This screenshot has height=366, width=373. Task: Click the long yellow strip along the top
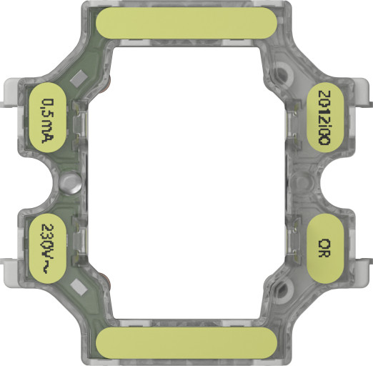tap(186, 22)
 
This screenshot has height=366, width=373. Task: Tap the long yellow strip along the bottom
tap(186, 343)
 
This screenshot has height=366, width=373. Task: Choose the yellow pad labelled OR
tap(325, 249)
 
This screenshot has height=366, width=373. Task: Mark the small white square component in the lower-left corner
tap(81, 289)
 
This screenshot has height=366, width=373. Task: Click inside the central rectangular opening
tap(186, 182)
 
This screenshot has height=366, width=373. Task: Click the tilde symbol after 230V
tap(48, 269)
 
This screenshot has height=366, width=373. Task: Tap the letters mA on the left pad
tap(48, 129)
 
